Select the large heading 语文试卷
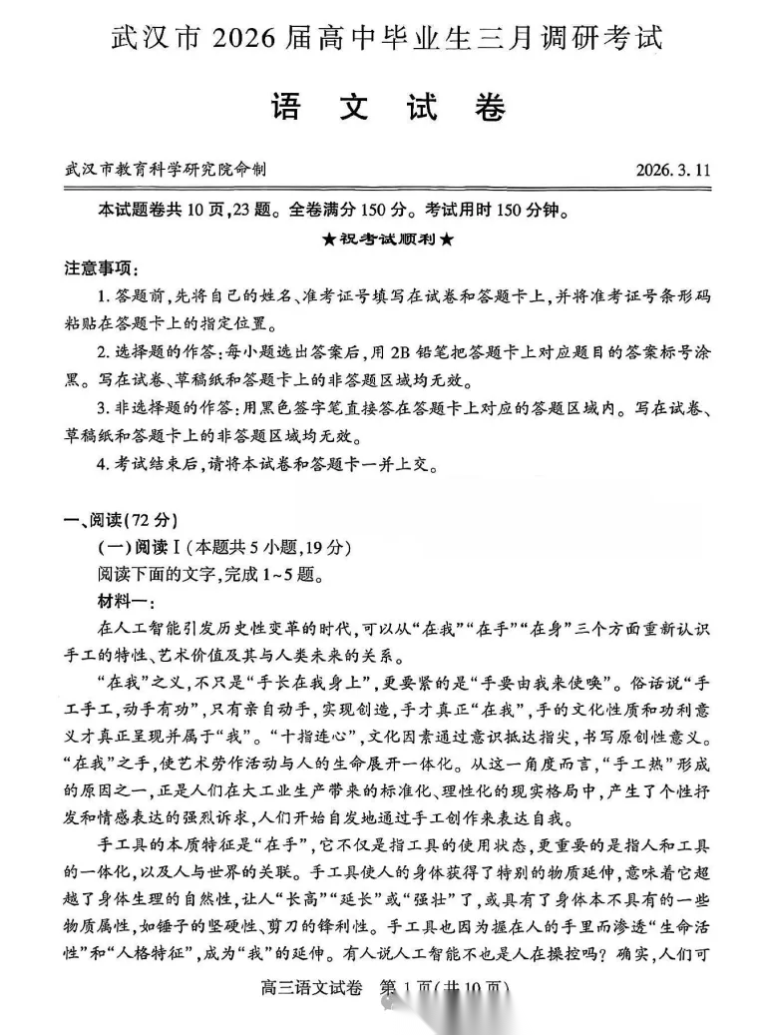click(388, 109)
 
